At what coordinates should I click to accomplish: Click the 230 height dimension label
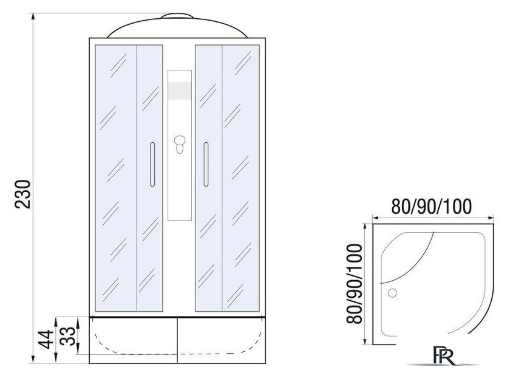pyautogui.click(x=23, y=194)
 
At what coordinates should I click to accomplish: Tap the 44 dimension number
pyautogui.click(x=45, y=339)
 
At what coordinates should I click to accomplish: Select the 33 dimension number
pyautogui.click(x=68, y=336)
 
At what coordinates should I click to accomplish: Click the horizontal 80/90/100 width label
pyautogui.click(x=431, y=207)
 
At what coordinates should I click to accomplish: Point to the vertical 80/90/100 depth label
pyautogui.click(x=354, y=284)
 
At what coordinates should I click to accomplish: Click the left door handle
pyautogui.click(x=152, y=165)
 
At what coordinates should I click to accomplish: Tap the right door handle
pyautogui.click(x=206, y=165)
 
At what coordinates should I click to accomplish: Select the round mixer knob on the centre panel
pyautogui.click(x=180, y=141)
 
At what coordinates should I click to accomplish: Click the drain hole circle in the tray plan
pyautogui.click(x=393, y=293)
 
